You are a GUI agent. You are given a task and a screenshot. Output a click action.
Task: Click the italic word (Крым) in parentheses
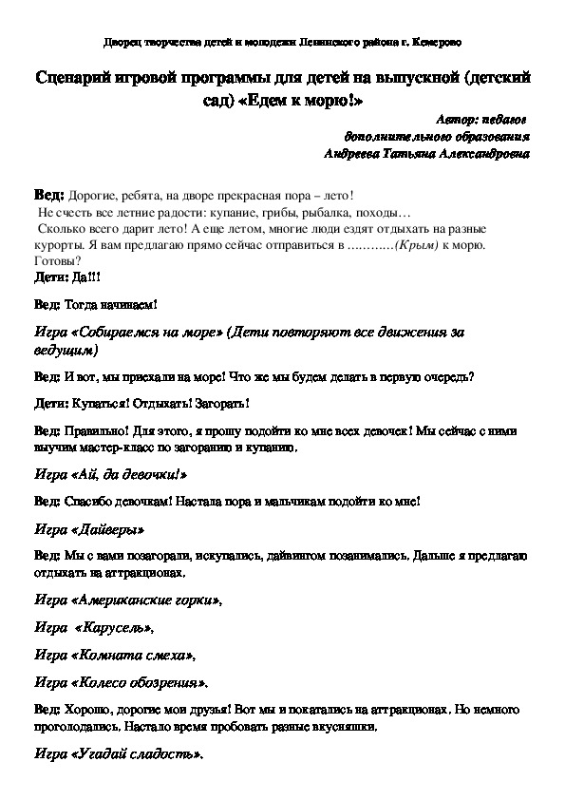click(420, 244)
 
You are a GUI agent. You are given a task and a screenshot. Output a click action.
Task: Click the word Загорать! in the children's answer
click(219, 403)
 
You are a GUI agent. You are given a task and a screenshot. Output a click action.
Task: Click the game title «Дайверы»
click(108, 527)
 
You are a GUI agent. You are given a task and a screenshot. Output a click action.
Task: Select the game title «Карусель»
click(112, 628)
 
